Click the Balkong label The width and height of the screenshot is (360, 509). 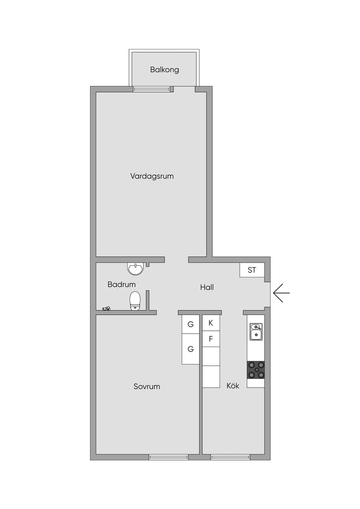click(165, 70)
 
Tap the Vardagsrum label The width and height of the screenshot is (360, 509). click(152, 176)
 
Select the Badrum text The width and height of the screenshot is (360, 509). click(122, 284)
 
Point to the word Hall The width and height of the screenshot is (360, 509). click(207, 287)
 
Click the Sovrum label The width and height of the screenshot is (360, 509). click(147, 386)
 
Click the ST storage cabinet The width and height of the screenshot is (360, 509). click(252, 270)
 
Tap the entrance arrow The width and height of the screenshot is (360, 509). click(281, 293)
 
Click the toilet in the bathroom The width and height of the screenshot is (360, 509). click(135, 301)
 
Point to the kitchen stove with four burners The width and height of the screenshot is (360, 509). click(256, 370)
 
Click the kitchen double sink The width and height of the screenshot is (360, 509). click(256, 332)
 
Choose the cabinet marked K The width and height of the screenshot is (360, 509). click(211, 323)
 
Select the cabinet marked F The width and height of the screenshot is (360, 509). click(211, 339)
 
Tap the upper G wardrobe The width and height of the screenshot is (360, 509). click(191, 324)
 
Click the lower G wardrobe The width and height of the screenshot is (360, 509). click(191, 349)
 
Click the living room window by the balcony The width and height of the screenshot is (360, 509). click(152, 89)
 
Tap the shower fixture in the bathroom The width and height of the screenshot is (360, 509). click(107, 309)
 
